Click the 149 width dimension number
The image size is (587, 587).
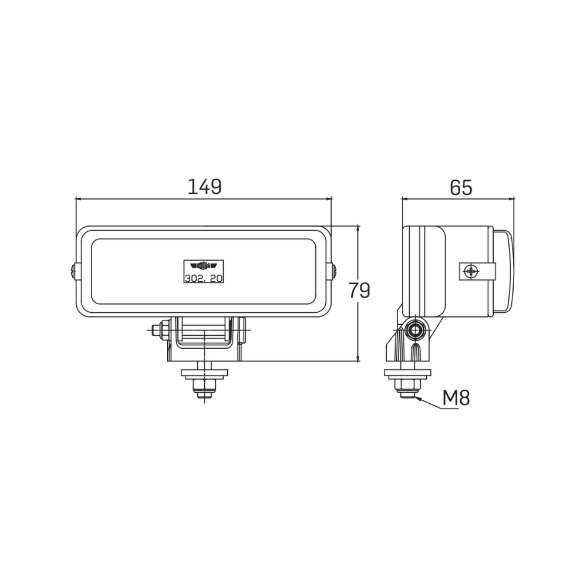tap(204, 187)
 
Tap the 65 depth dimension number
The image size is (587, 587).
tap(461, 187)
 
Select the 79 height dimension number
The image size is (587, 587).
tap(359, 290)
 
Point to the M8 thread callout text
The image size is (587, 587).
tap(456, 398)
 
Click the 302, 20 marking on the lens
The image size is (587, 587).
tap(203, 278)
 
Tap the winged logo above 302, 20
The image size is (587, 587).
tap(203, 265)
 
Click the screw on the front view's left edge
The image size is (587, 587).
tap(73, 271)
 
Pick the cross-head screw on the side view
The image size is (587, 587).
tap(470, 271)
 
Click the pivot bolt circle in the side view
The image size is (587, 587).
tap(416, 330)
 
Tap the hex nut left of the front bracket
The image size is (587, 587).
tap(157, 330)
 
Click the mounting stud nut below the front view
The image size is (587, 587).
tap(204, 386)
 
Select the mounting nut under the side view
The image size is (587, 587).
tap(407, 386)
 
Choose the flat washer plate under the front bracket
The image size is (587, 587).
tap(204, 373)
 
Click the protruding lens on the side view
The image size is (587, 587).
tap(504, 271)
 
